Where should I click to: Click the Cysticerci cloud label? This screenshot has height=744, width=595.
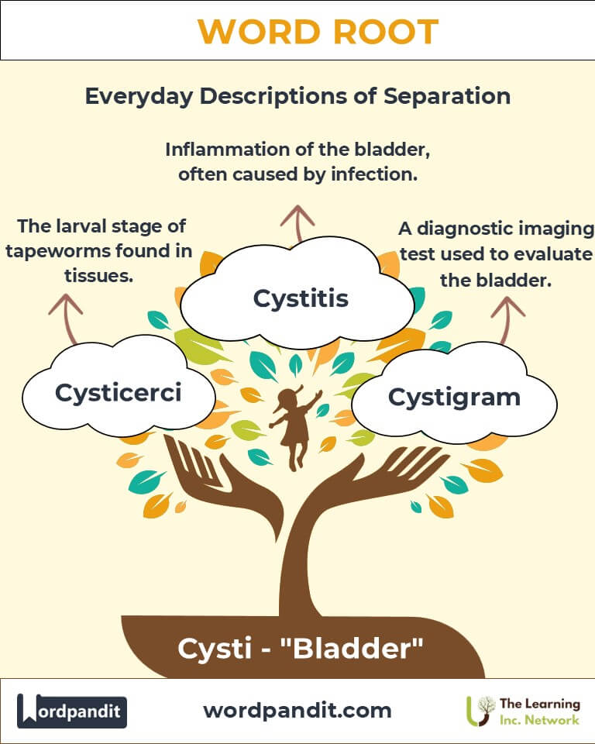(x=118, y=392)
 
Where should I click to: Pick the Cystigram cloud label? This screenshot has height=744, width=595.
(x=454, y=397)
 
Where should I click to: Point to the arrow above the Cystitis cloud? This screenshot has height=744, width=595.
(x=294, y=221)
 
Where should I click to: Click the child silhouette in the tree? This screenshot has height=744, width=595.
(x=294, y=427)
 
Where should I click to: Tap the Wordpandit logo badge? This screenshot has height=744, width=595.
(x=72, y=711)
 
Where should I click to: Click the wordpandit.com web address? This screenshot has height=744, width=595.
(x=297, y=710)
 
